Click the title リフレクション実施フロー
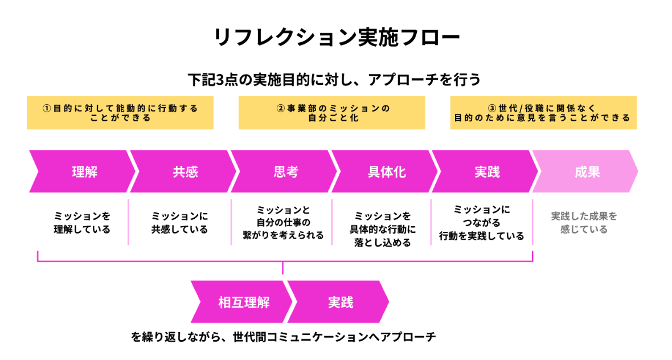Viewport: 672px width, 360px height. click(x=336, y=38)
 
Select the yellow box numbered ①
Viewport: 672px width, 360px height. click(x=120, y=113)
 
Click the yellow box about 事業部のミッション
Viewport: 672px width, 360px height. click(x=332, y=113)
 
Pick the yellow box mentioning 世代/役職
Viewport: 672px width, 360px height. click(x=543, y=113)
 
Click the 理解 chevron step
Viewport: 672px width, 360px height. click(x=84, y=171)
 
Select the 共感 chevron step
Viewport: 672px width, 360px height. click(x=185, y=171)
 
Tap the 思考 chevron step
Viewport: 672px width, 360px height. click(x=285, y=171)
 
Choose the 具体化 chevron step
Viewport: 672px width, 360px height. click(x=387, y=171)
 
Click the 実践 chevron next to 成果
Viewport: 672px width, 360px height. click(x=487, y=171)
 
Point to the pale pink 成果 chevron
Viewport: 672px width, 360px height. click(x=587, y=171)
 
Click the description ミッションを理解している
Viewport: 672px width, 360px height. click(x=82, y=223)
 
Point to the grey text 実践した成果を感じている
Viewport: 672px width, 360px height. click(x=584, y=223)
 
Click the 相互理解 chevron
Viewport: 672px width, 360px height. click(x=244, y=302)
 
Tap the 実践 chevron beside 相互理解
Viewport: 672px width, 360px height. click(x=341, y=302)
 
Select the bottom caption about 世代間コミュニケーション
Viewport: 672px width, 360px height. click(x=284, y=337)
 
